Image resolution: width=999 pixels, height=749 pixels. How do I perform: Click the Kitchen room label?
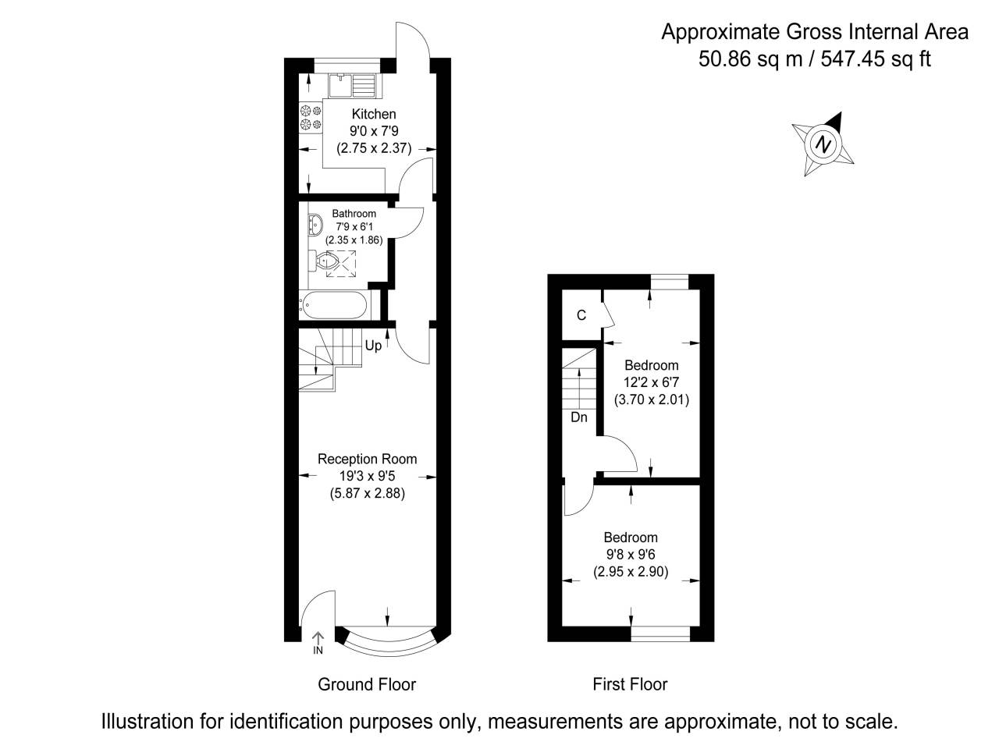(x=374, y=114)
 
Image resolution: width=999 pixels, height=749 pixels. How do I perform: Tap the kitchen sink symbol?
(x=353, y=83)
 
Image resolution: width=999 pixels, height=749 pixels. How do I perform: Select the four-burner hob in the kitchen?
(x=311, y=118)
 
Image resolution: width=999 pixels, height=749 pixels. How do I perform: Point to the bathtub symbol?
(x=333, y=305)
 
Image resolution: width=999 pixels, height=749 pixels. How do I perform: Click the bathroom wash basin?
(x=315, y=225)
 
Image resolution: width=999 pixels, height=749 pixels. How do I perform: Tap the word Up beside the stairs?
(x=373, y=346)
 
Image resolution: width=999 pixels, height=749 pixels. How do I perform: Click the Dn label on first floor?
(x=579, y=417)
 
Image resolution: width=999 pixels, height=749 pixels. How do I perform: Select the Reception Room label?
(x=367, y=459)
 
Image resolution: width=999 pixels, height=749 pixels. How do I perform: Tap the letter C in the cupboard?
(x=581, y=315)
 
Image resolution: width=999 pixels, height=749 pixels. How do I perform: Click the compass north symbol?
(x=823, y=144)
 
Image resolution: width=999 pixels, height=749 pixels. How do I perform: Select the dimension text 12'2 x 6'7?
(x=650, y=382)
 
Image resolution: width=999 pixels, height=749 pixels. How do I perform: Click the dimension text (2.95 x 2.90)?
(x=631, y=572)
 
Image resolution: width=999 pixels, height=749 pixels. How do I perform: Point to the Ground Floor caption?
(x=366, y=684)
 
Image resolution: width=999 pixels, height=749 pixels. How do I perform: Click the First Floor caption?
(x=630, y=684)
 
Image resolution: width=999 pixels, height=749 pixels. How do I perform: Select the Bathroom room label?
(x=354, y=214)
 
